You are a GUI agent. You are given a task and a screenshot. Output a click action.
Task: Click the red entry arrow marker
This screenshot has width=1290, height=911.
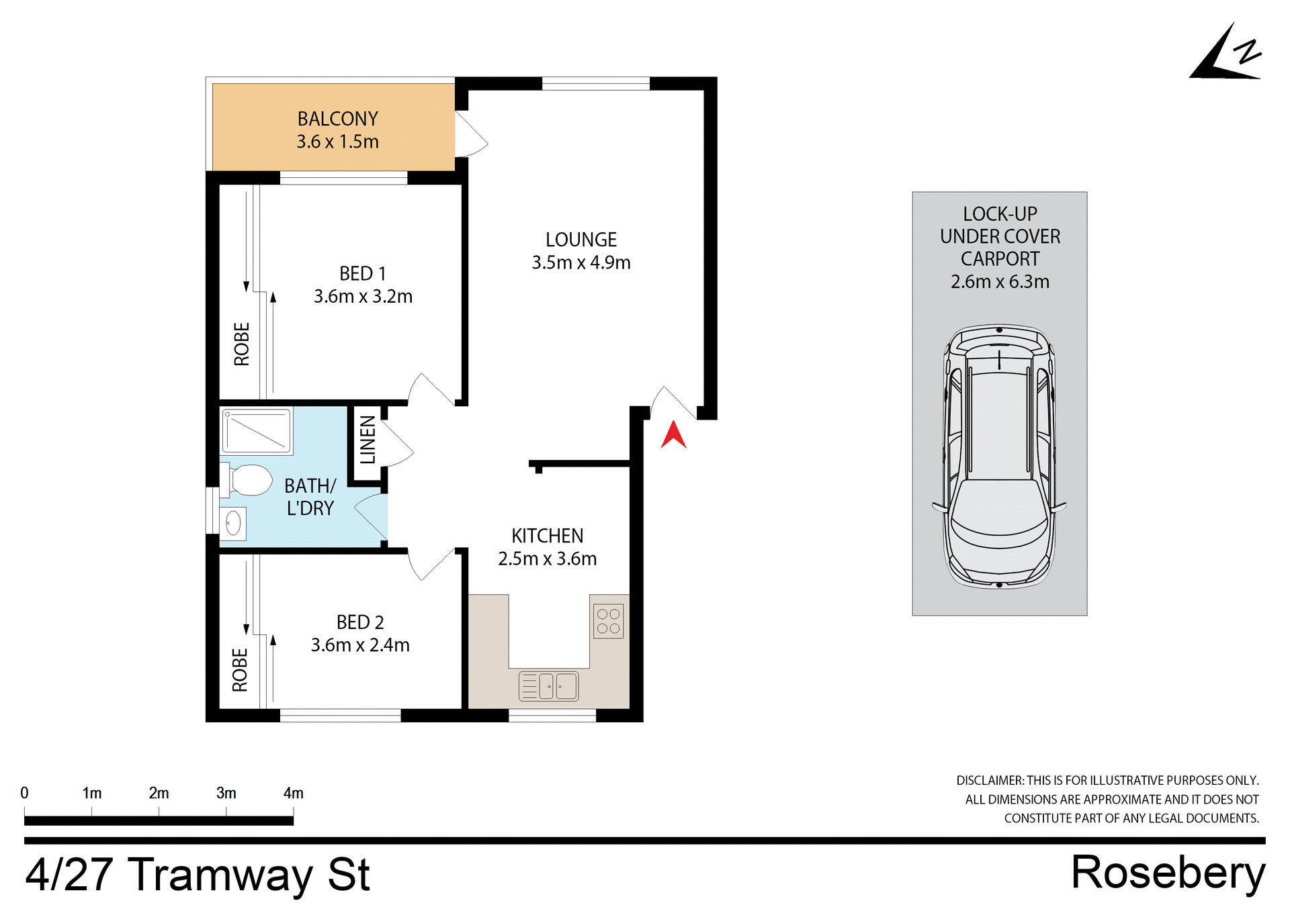click(x=673, y=435)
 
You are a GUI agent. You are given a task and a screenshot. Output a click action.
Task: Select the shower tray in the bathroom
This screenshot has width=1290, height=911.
click(x=257, y=431)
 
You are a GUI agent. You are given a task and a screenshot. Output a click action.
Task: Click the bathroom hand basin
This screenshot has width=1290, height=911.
click(x=233, y=524)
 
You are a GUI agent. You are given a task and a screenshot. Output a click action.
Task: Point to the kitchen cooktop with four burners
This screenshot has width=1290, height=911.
click(x=609, y=622)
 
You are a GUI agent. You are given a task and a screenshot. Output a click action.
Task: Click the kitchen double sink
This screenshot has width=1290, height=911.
click(x=549, y=686)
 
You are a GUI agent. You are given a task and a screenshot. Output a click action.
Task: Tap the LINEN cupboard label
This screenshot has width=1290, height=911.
click(x=368, y=440)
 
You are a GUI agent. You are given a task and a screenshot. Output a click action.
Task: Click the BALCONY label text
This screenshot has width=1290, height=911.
click(x=338, y=119)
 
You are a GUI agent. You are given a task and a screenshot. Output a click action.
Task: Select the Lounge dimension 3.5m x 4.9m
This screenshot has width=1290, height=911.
click(x=581, y=262)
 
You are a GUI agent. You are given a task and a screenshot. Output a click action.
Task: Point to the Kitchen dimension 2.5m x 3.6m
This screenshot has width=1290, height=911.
click(x=547, y=559)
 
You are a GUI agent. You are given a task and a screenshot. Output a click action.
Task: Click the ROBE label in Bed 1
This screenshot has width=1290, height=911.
click(x=241, y=344)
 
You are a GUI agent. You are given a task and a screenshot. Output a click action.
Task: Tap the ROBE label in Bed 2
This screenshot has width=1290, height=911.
click(x=240, y=670)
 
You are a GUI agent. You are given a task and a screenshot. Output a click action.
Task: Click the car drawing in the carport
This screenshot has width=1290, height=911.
click(x=999, y=457)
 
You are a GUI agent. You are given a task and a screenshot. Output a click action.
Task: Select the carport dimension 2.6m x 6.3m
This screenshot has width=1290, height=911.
click(x=1000, y=282)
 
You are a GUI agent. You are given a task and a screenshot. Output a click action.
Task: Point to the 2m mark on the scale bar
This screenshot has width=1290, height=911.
click(x=159, y=794)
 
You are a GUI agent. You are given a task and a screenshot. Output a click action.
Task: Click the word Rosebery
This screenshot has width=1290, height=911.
click(x=1168, y=873)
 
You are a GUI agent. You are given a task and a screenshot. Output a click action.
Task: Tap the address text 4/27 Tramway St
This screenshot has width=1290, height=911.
click(x=198, y=875)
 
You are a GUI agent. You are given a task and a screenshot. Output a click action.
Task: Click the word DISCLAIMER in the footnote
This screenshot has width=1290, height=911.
click(x=990, y=781)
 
